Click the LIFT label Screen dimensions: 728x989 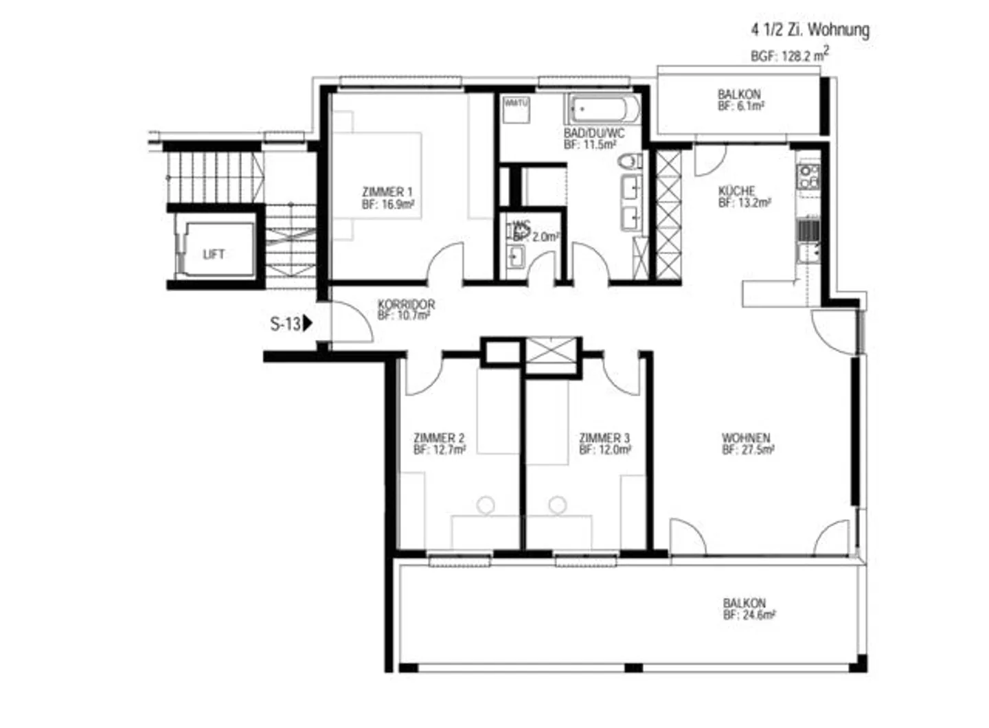pyautogui.click(x=214, y=254)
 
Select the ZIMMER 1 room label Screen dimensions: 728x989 pyautogui.click(x=387, y=192)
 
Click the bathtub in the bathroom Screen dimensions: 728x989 pyautogui.click(x=603, y=109)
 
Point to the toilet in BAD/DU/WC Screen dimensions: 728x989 pyautogui.click(x=628, y=162)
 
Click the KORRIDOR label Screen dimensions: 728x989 pyautogui.click(x=406, y=304)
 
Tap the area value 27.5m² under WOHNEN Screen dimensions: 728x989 pyautogui.click(x=748, y=451)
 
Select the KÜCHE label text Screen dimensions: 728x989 pyautogui.click(x=737, y=190)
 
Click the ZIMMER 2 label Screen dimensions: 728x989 pyautogui.click(x=439, y=437)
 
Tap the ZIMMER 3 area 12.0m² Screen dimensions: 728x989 pyautogui.click(x=605, y=451)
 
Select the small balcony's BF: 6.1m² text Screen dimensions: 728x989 pyautogui.click(x=741, y=106)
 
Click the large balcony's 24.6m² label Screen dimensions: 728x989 pyautogui.click(x=749, y=615)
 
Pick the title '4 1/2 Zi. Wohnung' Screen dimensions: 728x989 pyautogui.click(x=810, y=30)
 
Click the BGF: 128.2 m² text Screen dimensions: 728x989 pyautogui.click(x=789, y=55)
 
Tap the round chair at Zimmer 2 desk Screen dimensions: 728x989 pyautogui.click(x=486, y=505)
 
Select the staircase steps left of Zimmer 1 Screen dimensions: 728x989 pyautogui.click(x=213, y=177)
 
